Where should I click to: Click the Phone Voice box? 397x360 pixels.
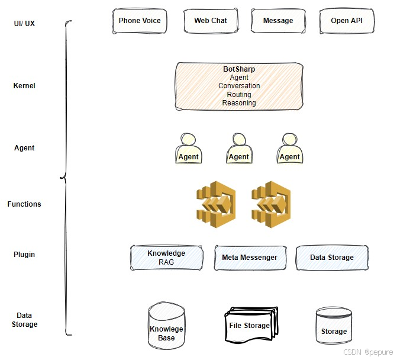click(x=140, y=21)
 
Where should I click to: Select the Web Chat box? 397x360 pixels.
click(x=211, y=21)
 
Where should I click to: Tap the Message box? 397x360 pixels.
click(x=278, y=21)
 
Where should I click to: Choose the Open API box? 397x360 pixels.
click(x=347, y=21)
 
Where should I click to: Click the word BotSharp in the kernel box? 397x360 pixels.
click(x=239, y=69)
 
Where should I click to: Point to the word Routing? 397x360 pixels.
click(x=239, y=95)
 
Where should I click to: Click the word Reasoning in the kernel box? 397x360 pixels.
click(x=239, y=103)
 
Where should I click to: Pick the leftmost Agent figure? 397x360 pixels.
click(x=188, y=149)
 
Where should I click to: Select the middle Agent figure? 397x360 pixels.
click(x=238, y=149)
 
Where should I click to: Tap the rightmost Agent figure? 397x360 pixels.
click(x=289, y=149)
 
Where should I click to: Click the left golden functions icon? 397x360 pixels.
click(x=216, y=204)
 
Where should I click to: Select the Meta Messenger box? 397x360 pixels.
click(x=249, y=258)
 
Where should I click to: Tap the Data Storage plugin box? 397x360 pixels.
click(x=332, y=258)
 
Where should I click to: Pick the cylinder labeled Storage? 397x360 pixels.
click(x=334, y=327)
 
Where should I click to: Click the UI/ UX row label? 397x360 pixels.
click(x=24, y=24)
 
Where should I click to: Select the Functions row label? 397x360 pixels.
click(x=24, y=204)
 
